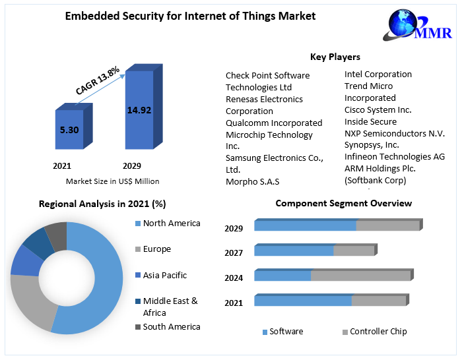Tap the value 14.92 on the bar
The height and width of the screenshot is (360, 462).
[x=139, y=110]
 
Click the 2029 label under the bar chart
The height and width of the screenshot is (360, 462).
[x=131, y=165]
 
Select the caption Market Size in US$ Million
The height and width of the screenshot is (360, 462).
[x=112, y=181]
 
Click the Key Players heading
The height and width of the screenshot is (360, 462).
[x=335, y=57]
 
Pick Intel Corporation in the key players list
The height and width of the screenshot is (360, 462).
[x=378, y=75]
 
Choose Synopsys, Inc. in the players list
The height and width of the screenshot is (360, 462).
[x=372, y=145]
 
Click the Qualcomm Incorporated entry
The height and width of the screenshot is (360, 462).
[x=274, y=123]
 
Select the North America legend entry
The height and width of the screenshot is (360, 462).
[x=171, y=224]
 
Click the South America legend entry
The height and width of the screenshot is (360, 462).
[x=171, y=327]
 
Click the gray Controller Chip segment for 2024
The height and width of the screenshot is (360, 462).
[x=360, y=276]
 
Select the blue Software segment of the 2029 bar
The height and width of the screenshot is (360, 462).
[x=305, y=226]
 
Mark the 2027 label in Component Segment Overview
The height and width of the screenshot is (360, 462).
[x=234, y=253]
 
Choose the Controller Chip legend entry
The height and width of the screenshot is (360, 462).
[x=378, y=332]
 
